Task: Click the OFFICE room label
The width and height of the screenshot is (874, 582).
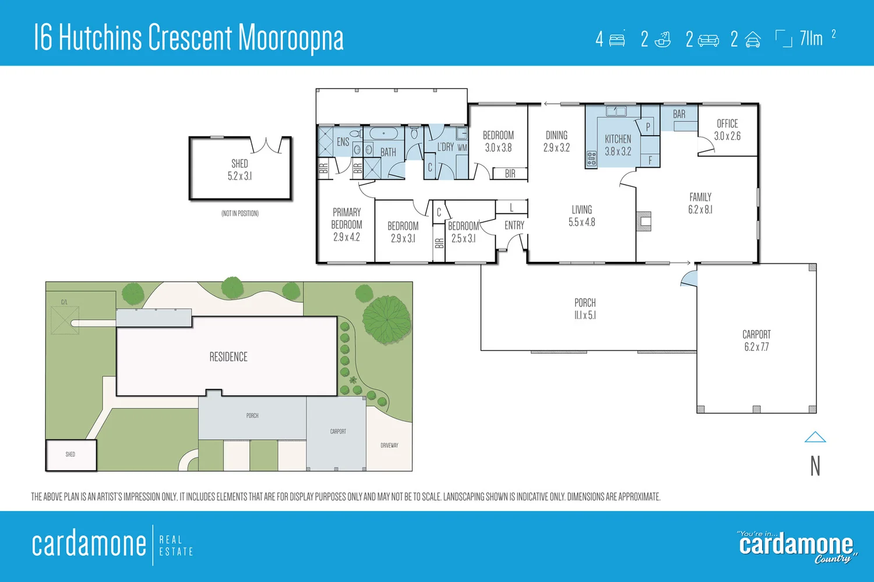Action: click(727, 124)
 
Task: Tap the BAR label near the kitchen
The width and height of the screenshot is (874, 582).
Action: click(679, 115)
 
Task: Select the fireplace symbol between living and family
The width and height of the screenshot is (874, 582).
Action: click(644, 221)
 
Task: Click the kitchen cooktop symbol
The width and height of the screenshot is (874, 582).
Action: click(591, 158)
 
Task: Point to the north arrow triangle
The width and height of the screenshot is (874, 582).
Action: click(815, 437)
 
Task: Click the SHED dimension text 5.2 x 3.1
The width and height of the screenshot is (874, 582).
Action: click(239, 176)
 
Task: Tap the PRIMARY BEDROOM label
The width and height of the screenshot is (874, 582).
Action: click(347, 218)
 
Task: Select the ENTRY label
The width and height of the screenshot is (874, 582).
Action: click(514, 225)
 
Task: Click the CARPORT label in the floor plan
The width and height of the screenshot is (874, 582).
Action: click(756, 335)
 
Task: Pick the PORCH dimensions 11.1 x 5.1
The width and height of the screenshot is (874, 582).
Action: click(585, 315)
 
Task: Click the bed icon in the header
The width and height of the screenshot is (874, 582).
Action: click(617, 40)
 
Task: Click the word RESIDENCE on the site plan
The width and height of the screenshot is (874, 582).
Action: click(228, 357)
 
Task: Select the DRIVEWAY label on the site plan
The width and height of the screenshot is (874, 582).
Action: click(389, 445)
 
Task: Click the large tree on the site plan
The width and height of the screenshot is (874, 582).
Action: click(386, 319)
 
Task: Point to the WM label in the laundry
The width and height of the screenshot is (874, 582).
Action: click(462, 148)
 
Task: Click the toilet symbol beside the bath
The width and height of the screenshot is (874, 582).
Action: click(414, 133)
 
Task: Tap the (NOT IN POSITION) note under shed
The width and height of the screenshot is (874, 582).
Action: click(239, 214)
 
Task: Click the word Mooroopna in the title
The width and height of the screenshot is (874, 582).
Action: click(291, 38)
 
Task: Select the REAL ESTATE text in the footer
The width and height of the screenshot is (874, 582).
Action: click(176, 545)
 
